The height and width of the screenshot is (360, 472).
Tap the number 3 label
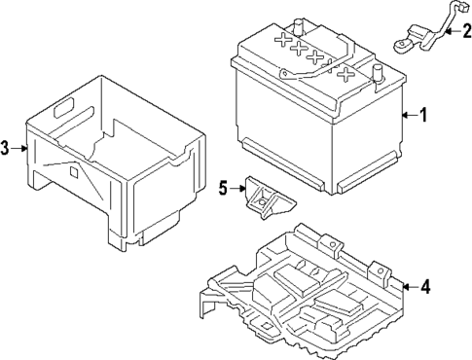click(x=7, y=148)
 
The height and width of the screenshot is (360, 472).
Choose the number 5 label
click(x=223, y=188)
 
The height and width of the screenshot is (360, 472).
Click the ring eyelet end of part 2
click(x=401, y=43)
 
